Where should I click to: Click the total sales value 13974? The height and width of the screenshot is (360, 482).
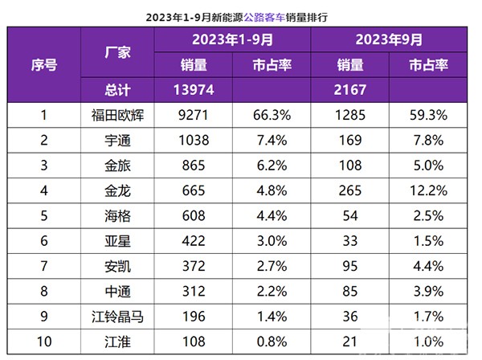tap(194, 89)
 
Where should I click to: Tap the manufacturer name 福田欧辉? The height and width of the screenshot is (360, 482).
tap(118, 115)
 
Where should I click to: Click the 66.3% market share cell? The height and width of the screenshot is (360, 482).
tap(272, 115)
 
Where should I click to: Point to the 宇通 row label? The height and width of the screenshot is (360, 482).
tap(118, 140)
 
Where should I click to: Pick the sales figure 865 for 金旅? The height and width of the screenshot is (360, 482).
tap(194, 165)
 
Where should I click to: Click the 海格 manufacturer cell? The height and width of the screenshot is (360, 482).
tap(118, 215)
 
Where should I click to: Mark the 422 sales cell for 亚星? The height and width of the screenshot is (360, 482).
tap(194, 239)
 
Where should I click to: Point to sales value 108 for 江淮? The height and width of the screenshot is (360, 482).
tap(194, 340)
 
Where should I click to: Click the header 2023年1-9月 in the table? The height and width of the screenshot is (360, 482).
tap(233, 39)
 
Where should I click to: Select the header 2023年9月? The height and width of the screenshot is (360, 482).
tap(389, 39)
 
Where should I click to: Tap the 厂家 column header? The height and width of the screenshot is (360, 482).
tap(118, 51)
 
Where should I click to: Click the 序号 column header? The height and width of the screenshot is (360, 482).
tap(43, 64)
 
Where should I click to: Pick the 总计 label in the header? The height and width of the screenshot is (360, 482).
tap(118, 89)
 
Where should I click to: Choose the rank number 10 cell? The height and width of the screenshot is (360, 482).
tap(43, 340)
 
